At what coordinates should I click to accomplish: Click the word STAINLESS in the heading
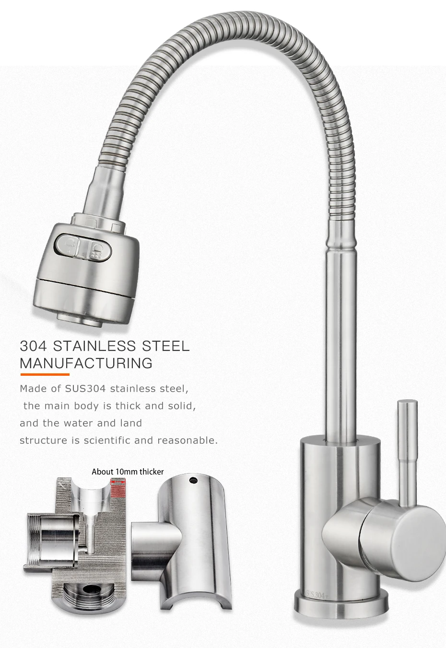pyautogui.click(x=94, y=346)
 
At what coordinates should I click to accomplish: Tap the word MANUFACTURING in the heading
pyautogui.click(x=86, y=363)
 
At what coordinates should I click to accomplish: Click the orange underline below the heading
pyautogui.click(x=45, y=374)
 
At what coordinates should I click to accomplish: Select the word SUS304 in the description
pyautogui.click(x=85, y=389)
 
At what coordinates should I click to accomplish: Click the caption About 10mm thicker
pyautogui.click(x=128, y=472)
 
